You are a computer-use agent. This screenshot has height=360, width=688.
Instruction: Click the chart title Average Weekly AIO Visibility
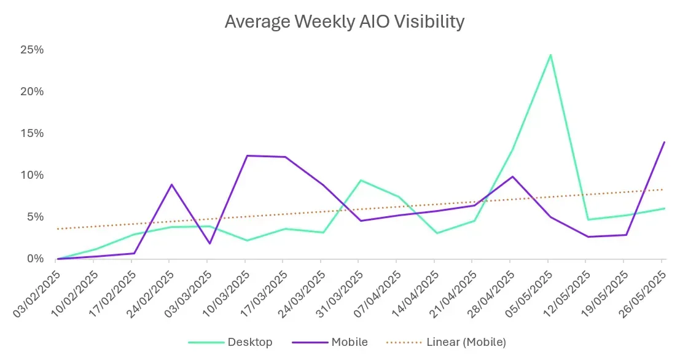point(344,22)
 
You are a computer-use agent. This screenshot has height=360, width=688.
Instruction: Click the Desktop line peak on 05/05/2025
point(550,55)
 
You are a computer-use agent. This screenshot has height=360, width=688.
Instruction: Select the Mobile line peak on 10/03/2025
point(246,155)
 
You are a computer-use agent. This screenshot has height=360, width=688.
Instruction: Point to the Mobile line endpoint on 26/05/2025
point(664,142)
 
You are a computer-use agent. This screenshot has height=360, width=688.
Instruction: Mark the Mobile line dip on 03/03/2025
point(209,243)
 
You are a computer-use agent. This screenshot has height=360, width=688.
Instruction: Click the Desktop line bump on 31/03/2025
point(361,180)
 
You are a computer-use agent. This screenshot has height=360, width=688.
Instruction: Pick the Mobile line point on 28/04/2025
point(512,176)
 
